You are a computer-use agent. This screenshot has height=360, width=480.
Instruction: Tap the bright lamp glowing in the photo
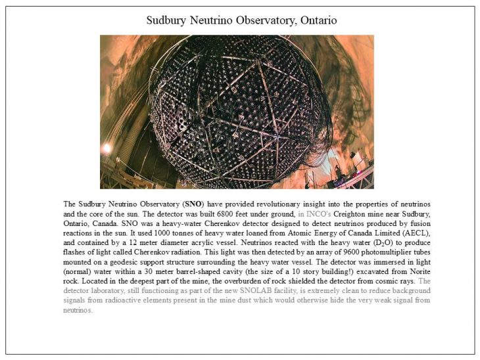point(107,148)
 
